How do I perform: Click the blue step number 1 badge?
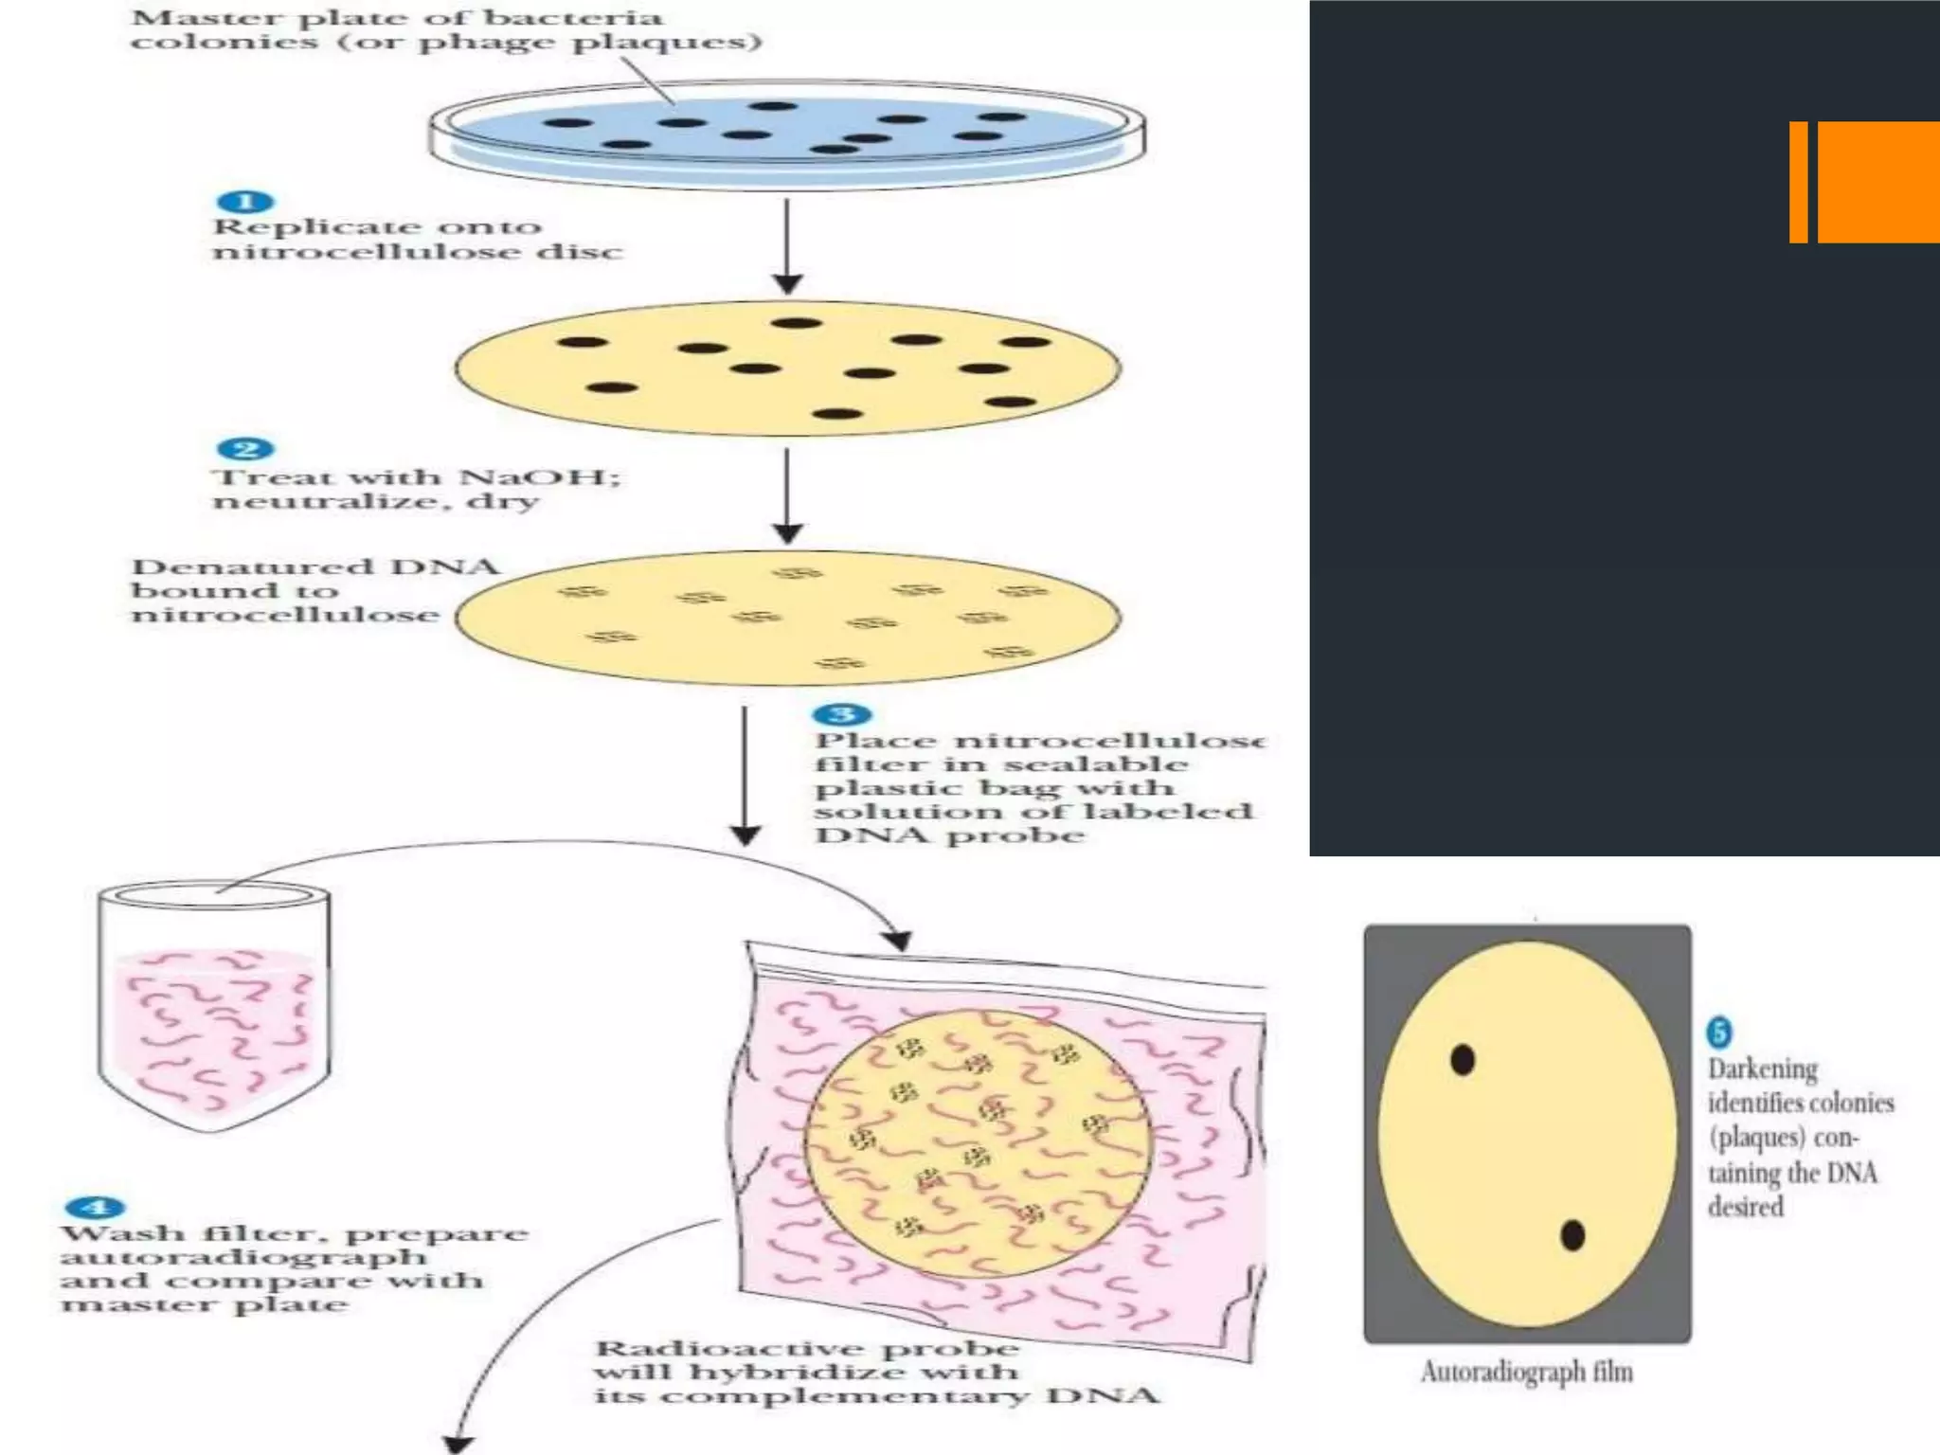click(245, 202)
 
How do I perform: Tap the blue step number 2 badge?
click(245, 450)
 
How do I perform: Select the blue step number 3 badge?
click(842, 714)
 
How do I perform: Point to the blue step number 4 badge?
click(96, 1208)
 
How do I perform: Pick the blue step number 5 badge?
click(1719, 1032)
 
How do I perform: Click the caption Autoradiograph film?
click(1526, 1372)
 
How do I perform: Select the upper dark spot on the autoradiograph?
click(1463, 1059)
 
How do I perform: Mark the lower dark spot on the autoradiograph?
click(1572, 1235)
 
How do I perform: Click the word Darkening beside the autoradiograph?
click(1763, 1069)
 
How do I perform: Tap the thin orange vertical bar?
click(1798, 182)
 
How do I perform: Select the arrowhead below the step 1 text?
click(787, 283)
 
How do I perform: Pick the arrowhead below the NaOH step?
click(787, 532)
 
